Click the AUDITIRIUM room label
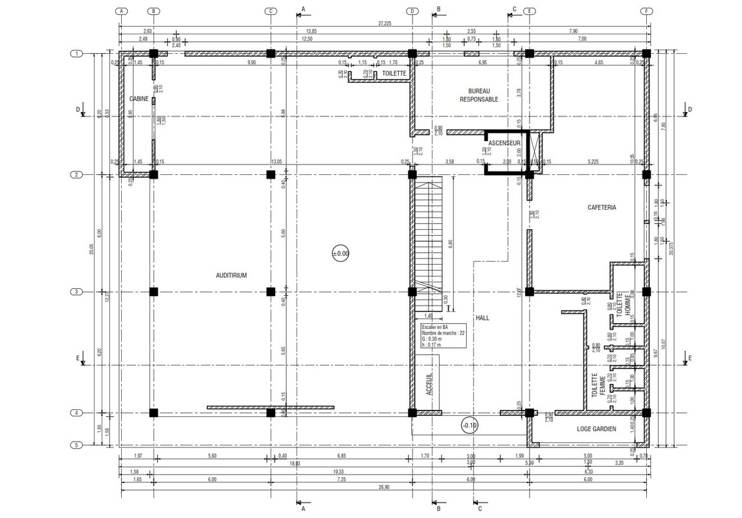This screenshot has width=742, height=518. tap(231, 275)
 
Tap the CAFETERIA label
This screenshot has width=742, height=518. tap(601, 208)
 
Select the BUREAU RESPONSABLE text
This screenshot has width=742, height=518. tap(478, 95)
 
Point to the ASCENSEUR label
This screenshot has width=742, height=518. tap(504, 143)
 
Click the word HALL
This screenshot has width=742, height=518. tap(482, 318)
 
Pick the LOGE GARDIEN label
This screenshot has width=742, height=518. tap(596, 429)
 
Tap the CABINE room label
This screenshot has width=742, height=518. tap(139, 99)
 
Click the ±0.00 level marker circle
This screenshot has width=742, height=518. tap(341, 254)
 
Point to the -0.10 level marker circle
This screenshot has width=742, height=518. tap(469, 425)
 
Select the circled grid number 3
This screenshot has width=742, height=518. tap(76, 292)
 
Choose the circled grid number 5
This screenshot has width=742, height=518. tap(76, 445)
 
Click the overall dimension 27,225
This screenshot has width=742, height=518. tap(384, 23)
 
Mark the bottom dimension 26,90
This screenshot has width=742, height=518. tap(384, 488)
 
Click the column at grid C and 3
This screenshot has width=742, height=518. tap(271, 292)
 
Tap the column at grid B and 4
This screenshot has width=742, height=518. tap(153, 412)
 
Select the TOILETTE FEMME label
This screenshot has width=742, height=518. tap(598, 386)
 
